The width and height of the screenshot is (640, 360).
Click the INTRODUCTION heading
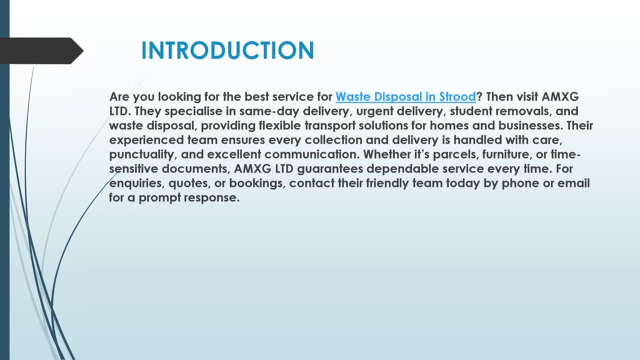[x=227, y=51]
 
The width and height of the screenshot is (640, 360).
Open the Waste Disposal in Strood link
[x=405, y=96]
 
